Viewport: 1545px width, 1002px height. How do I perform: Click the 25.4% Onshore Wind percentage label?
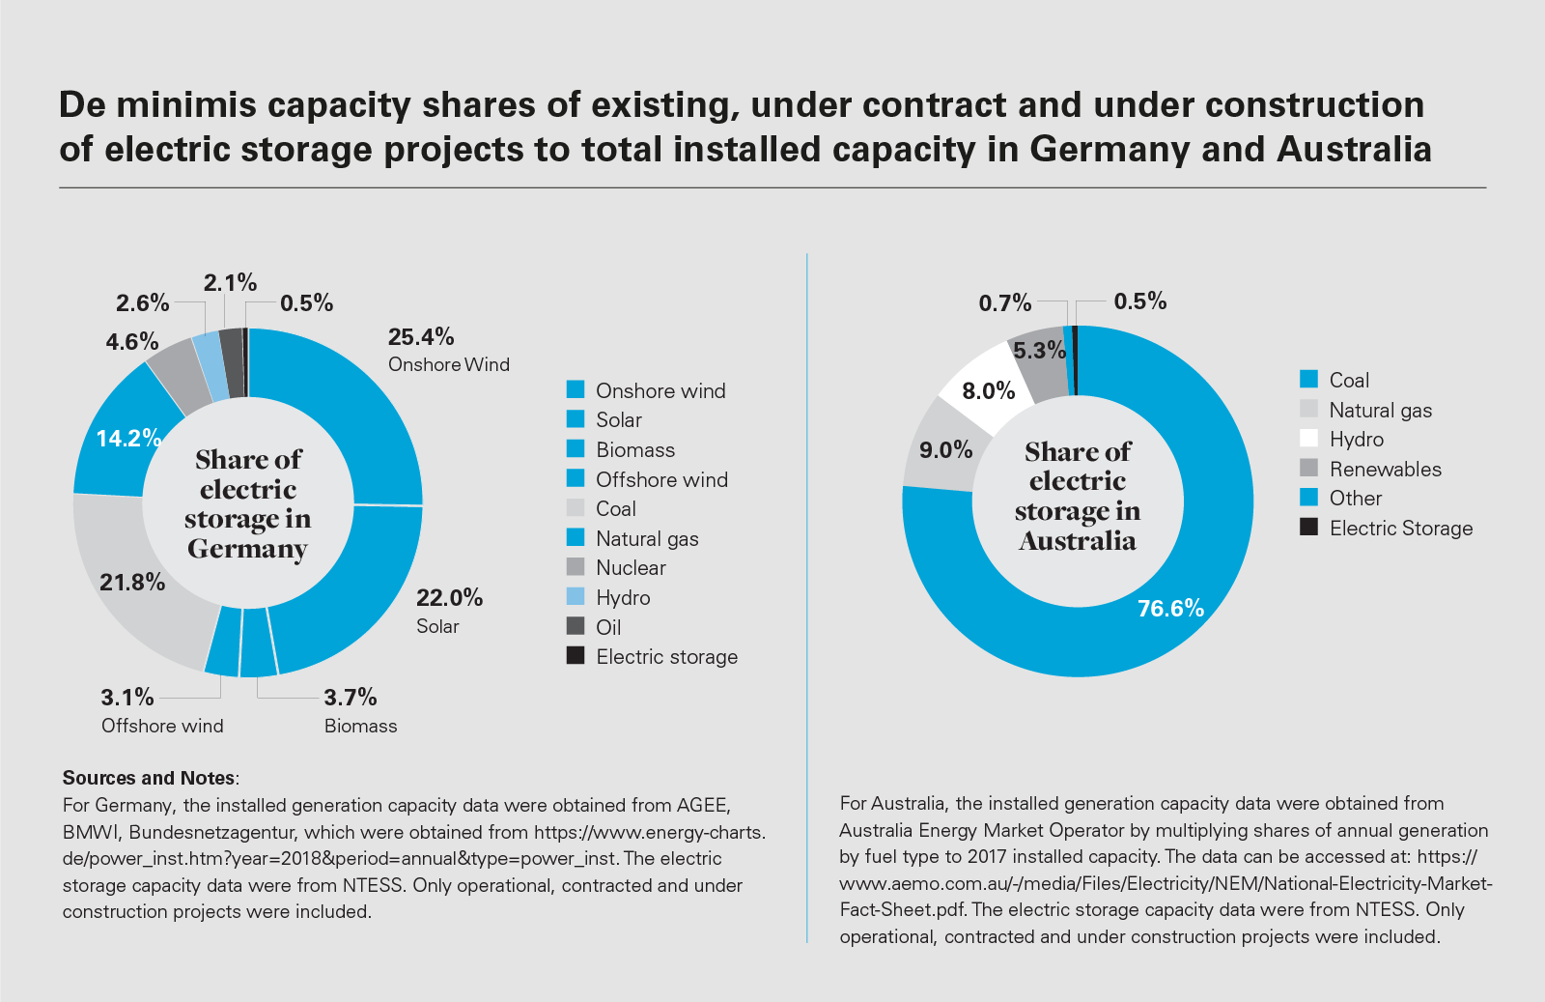coord(421,337)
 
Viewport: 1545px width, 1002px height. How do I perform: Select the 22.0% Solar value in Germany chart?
coord(449,597)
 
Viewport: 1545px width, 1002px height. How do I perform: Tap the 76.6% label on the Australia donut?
coord(1170,608)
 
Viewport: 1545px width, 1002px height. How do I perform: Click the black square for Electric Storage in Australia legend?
coord(1308,528)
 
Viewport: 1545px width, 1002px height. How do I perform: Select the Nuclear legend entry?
coord(631,568)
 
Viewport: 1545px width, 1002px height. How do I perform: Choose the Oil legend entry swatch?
coord(576,626)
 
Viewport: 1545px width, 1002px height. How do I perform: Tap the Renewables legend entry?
coord(1385,470)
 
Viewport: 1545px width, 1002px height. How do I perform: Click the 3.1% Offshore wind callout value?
coord(127,697)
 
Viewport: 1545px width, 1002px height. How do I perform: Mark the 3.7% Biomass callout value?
coord(350,697)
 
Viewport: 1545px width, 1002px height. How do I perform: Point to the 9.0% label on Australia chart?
coord(945,449)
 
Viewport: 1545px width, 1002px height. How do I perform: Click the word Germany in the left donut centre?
coord(247,549)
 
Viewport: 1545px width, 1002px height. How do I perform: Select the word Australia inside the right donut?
coord(1078,540)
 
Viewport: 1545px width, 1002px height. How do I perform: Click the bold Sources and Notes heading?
coord(150,778)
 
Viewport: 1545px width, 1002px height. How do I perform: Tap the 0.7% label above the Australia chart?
coord(1005,303)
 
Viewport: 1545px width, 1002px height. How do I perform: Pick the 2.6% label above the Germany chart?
coord(143,303)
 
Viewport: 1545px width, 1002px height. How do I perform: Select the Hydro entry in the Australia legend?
coord(1356,440)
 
